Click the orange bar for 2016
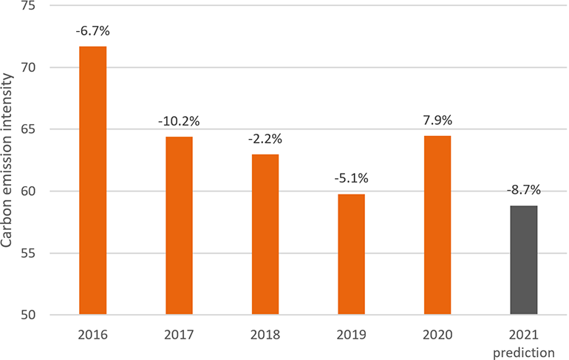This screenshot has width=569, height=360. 92,180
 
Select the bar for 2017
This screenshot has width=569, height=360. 179,225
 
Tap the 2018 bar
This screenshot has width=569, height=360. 265,234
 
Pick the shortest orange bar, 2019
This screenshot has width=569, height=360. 351,254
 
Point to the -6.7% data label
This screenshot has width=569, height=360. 92,33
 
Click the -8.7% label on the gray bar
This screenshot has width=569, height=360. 523,191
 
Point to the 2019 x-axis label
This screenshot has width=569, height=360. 351,334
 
